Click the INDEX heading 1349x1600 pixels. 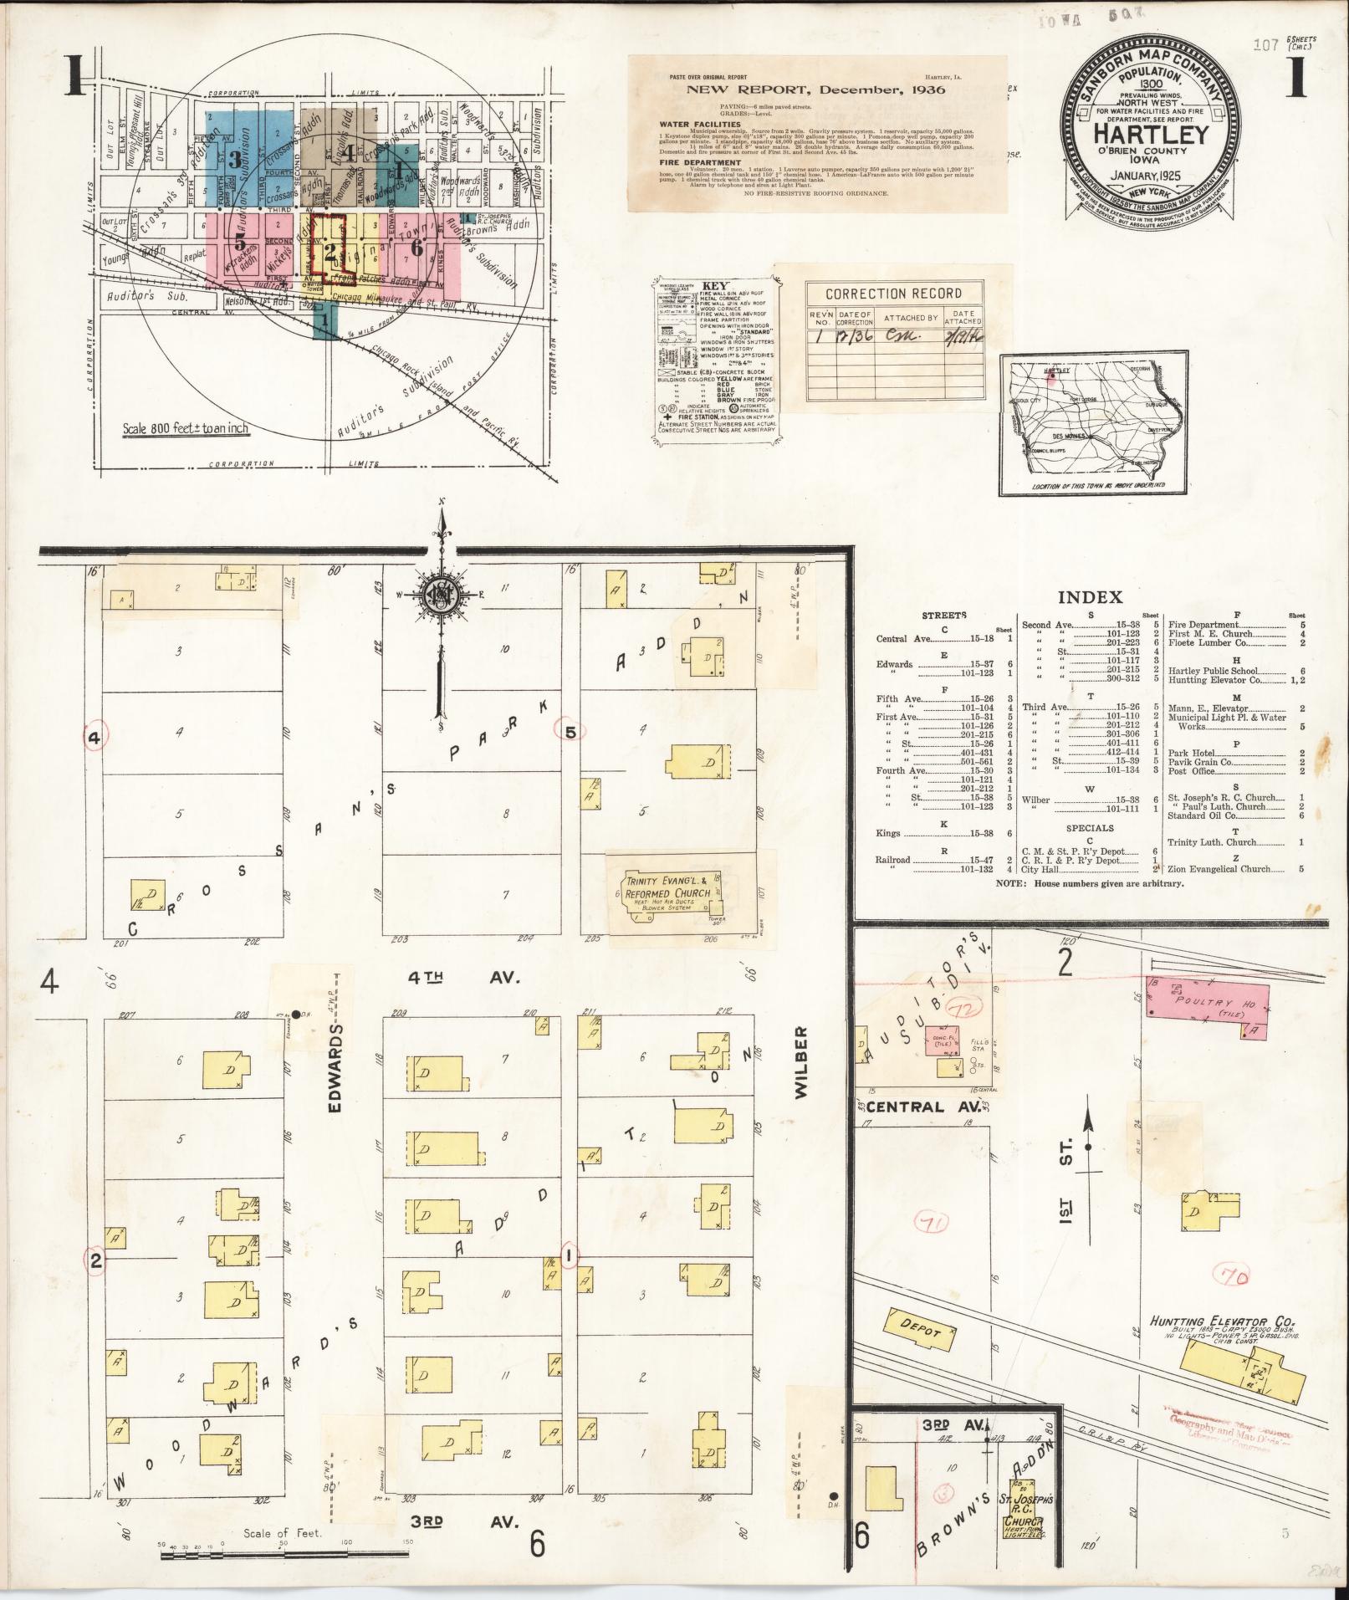pyautogui.click(x=1090, y=597)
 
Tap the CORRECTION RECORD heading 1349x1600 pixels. pyautogui.click(x=893, y=294)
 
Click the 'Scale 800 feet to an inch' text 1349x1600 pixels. pyautogui.click(x=185, y=428)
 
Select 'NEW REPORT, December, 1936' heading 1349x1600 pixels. pyautogui.click(x=815, y=89)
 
